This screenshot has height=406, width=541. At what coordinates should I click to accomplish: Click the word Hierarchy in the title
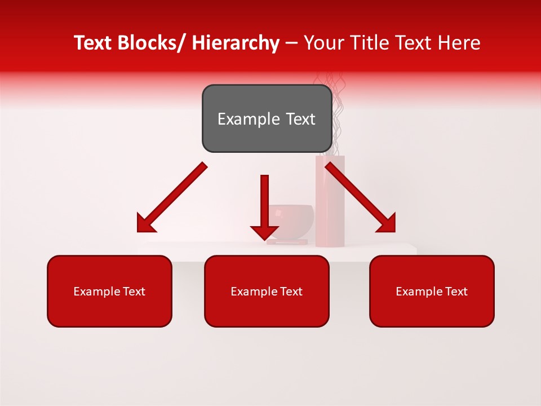coord(236,43)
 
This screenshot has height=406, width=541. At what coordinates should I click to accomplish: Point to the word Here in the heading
coord(460,43)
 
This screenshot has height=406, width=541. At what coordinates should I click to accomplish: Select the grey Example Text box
coord(267,118)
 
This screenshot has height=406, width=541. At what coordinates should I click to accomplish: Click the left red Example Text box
coord(109,291)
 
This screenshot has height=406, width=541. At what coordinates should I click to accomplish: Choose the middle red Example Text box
coord(267,291)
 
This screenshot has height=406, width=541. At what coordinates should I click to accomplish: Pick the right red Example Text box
coord(432,291)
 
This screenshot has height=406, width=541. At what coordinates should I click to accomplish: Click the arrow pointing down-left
coord(172,197)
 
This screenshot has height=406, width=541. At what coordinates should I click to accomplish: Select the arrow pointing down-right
coord(361,197)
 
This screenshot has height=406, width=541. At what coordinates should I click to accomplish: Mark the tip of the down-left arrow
coord(139,231)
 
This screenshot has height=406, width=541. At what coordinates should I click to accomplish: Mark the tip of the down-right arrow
coord(394,231)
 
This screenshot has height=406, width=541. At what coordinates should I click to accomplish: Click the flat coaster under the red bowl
coord(287,242)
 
